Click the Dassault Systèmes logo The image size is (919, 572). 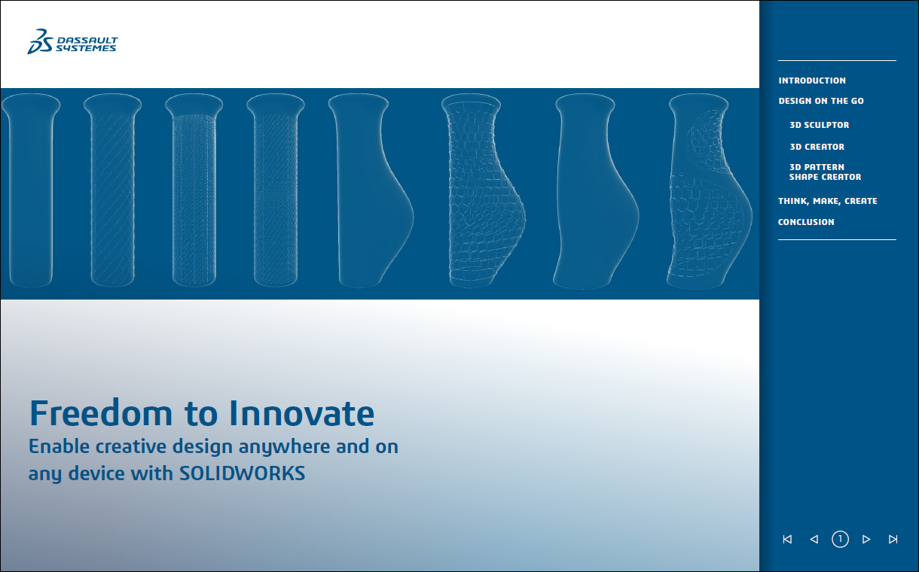click(x=72, y=42)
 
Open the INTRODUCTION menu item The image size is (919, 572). click(x=812, y=81)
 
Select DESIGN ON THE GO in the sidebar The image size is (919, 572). click(x=821, y=101)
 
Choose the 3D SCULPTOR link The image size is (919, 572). click(x=820, y=125)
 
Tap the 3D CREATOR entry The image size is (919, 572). click(x=817, y=147)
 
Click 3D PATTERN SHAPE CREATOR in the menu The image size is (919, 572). click(x=825, y=172)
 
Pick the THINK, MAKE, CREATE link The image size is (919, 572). click(x=828, y=201)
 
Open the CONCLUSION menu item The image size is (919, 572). click(x=806, y=222)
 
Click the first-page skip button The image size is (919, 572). click(x=787, y=539)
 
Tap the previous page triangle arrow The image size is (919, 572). click(x=814, y=539)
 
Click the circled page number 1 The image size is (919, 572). click(x=840, y=539)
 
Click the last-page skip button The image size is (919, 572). click(x=893, y=539)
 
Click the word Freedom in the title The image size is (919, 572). click(x=100, y=413)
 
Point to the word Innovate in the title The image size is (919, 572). click(x=301, y=413)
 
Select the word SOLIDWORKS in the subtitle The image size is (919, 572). click(x=242, y=473)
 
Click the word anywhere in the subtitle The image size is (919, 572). click(x=284, y=447)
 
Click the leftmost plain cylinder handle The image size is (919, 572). click(x=31, y=190)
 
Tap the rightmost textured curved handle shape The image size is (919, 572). click(x=710, y=191)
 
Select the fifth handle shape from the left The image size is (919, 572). click(x=371, y=190)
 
